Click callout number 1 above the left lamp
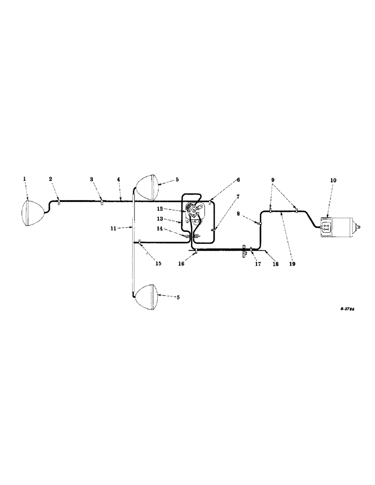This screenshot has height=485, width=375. click(x=24, y=179)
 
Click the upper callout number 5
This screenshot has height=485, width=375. click(x=177, y=179)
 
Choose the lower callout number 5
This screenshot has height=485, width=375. click(x=177, y=297)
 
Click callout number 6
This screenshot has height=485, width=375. click(x=239, y=179)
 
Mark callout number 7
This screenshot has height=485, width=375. click(x=239, y=196)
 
